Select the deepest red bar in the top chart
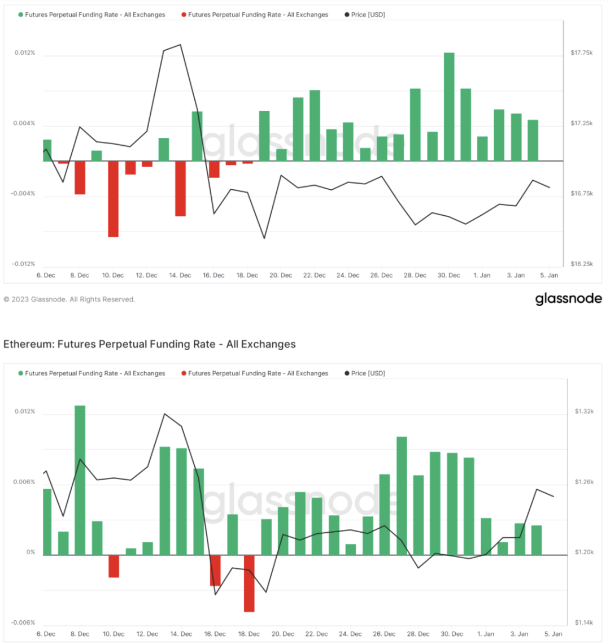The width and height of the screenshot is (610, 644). [x=113, y=199]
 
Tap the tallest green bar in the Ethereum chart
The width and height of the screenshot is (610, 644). [x=80, y=480]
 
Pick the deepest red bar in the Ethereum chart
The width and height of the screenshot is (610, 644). [x=249, y=583]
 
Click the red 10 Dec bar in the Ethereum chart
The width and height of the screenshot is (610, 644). [x=114, y=566]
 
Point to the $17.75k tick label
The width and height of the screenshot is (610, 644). [x=581, y=53]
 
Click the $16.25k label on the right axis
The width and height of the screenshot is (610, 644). [x=581, y=264]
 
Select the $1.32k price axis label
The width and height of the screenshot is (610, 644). [x=583, y=411]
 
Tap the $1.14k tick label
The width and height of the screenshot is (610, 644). [x=583, y=623]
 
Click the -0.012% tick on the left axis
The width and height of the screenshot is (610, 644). [x=24, y=264]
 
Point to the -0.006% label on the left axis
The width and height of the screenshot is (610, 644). [x=24, y=623]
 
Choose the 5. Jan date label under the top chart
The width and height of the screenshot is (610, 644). [x=549, y=275]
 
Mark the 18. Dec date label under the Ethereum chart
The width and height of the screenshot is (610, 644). [x=248, y=634]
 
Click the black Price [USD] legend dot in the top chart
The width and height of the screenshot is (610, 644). [x=346, y=15]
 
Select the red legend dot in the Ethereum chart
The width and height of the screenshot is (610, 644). [x=184, y=373]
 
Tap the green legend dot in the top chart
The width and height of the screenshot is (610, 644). [x=21, y=15]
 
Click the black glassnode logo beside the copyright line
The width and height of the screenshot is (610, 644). [x=568, y=299]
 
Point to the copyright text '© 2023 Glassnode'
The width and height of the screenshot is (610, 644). [x=37, y=299]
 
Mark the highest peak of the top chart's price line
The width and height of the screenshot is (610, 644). [x=180, y=45]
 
